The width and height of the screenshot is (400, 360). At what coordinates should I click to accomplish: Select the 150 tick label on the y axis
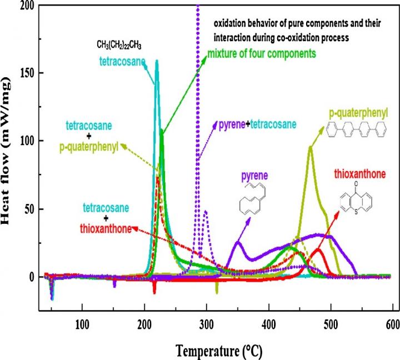click(x=24, y=73)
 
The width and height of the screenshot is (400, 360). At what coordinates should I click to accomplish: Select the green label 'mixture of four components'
click(x=262, y=54)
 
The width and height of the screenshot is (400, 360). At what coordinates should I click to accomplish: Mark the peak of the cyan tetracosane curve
click(x=157, y=61)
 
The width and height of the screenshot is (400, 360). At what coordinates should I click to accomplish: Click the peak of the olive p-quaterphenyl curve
click(x=310, y=147)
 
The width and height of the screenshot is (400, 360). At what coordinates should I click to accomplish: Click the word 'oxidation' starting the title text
click(x=229, y=24)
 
